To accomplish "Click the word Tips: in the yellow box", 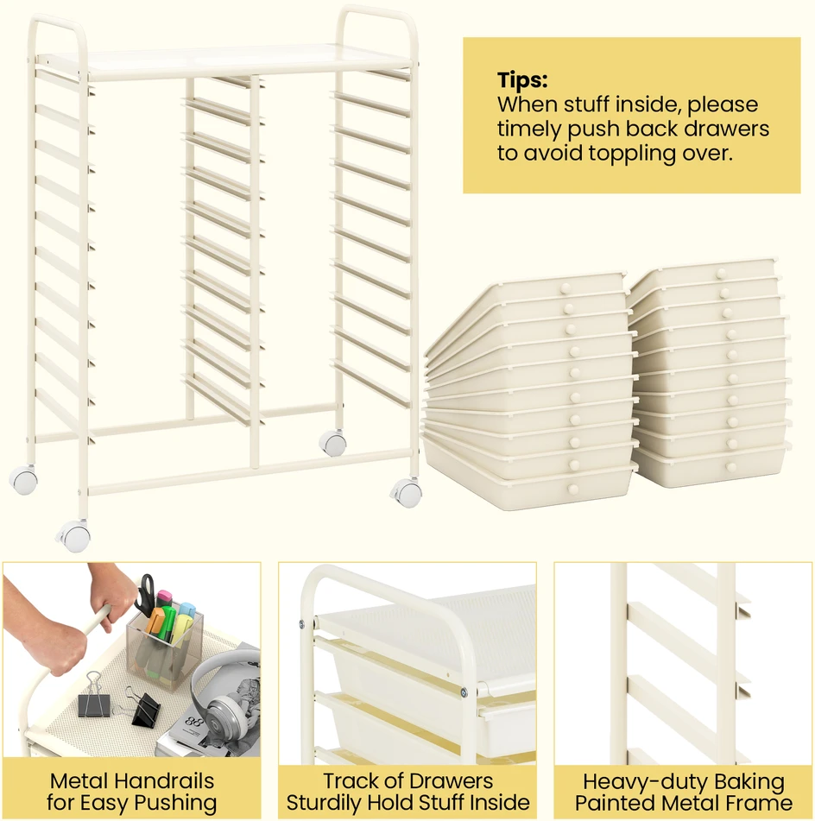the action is [522, 80].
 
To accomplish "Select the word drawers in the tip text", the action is [727, 129].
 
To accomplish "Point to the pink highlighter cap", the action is [164, 596].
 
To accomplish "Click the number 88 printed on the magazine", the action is [193, 722].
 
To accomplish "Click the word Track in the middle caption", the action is [348, 781].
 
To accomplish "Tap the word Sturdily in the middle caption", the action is [325, 803].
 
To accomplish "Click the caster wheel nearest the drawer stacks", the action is [407, 493].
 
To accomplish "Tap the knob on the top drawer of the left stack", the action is [565, 288].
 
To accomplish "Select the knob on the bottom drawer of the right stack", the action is [732, 467].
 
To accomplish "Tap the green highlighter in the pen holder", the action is [167, 623].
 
